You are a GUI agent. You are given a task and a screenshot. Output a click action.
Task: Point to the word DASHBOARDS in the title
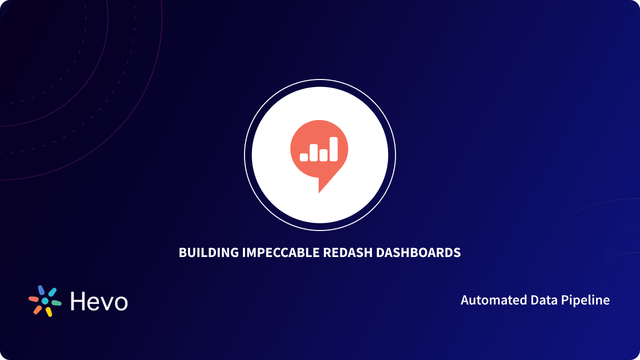pos(418,252)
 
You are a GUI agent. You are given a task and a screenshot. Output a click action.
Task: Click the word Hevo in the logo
pos(99,301)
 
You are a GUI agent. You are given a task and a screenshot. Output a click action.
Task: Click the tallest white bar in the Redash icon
pos(333,148)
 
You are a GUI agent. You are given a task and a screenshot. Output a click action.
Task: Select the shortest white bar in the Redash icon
pos(303,156)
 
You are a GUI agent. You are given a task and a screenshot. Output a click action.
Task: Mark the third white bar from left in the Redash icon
pos(323,155)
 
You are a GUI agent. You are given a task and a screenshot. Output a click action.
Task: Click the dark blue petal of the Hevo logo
pos(40,290)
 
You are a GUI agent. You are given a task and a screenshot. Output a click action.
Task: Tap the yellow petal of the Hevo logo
pos(49,312)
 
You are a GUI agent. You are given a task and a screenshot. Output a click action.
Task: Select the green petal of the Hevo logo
pos(56,303)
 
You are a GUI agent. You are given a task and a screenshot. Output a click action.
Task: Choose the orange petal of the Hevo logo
pos(37,310)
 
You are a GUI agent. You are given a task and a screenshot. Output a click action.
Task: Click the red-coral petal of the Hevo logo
pos(33,299)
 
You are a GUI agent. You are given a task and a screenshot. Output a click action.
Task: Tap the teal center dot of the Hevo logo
pos(45,301)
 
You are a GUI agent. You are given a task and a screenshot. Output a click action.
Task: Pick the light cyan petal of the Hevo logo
pos(52,292)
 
